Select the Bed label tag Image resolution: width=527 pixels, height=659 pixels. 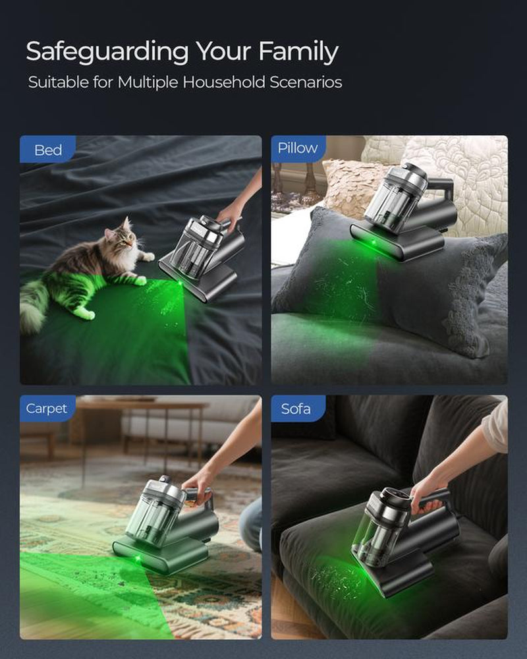coord(47,150)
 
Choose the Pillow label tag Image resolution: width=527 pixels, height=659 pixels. coord(297,148)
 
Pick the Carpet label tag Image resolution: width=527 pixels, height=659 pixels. coord(47,409)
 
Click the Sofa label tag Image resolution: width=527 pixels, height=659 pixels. coord(296,409)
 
